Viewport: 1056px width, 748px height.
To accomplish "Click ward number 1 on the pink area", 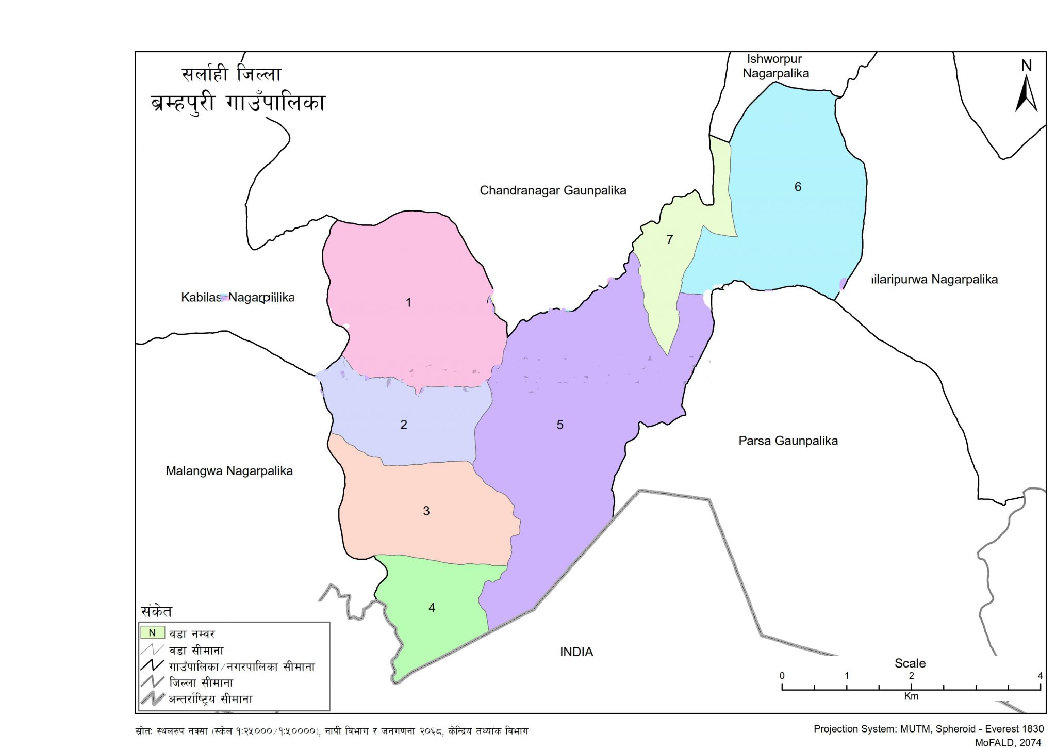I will tap(408, 302).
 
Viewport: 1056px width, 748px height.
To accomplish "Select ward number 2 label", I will tap(404, 425).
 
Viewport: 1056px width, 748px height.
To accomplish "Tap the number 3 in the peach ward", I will tap(426, 511).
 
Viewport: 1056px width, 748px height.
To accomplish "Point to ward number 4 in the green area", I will tap(432, 608).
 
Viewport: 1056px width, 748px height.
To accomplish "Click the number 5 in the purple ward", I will tap(560, 425).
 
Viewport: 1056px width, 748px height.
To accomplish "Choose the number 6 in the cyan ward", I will tap(798, 187).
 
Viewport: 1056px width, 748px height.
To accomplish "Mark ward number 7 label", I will tap(669, 239).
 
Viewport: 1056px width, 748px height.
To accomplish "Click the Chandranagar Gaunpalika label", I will tap(553, 190).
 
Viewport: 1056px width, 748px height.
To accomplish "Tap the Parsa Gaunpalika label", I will tap(788, 441).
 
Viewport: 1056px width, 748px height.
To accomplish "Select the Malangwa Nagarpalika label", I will tap(229, 470).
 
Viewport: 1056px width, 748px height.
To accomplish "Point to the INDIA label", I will tap(576, 652).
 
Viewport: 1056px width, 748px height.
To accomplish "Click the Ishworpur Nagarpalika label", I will tap(775, 66).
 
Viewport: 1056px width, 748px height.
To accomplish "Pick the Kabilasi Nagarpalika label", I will tap(237, 297).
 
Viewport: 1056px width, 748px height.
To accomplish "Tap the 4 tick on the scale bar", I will tap(1040, 676).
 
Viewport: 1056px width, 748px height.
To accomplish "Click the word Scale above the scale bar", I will tap(910, 663).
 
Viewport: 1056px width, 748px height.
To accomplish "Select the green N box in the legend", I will tap(153, 632).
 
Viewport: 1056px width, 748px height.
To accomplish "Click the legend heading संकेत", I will tap(156, 611).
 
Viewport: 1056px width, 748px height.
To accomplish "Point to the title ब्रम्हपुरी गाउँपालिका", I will tap(238, 103).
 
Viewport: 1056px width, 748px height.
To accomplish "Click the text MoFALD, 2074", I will tap(1008, 742).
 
